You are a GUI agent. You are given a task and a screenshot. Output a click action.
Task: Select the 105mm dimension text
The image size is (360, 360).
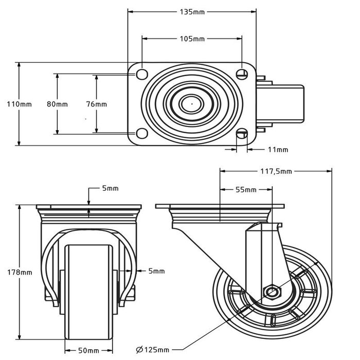pyautogui.click(x=192, y=39)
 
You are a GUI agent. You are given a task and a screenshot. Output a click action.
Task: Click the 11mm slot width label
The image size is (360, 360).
pyautogui.click(x=278, y=150)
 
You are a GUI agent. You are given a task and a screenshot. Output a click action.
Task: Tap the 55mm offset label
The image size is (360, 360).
pyautogui.click(x=246, y=190)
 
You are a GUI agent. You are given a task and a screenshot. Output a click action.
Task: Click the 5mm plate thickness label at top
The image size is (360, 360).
pyautogui.click(x=110, y=188)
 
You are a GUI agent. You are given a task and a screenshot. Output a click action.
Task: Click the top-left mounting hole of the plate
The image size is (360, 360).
pyautogui.click(x=140, y=74)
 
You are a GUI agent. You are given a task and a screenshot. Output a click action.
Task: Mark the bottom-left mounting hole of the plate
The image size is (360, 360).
pyautogui.click(x=140, y=134)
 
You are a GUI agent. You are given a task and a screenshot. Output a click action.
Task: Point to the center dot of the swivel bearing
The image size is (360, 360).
pyautogui.click(x=192, y=103)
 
